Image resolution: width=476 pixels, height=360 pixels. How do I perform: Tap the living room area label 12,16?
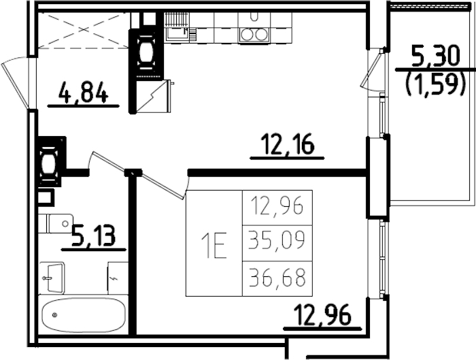(x=287, y=144)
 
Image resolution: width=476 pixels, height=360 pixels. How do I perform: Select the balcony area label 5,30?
(x=435, y=54)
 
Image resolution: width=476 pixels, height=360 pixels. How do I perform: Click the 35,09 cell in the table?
(x=277, y=242)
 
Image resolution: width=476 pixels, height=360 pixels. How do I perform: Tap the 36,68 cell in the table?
(x=277, y=278)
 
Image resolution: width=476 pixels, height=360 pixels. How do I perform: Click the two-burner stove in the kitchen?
(x=254, y=34)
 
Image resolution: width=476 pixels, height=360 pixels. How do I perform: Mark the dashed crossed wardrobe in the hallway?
(x=83, y=31)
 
